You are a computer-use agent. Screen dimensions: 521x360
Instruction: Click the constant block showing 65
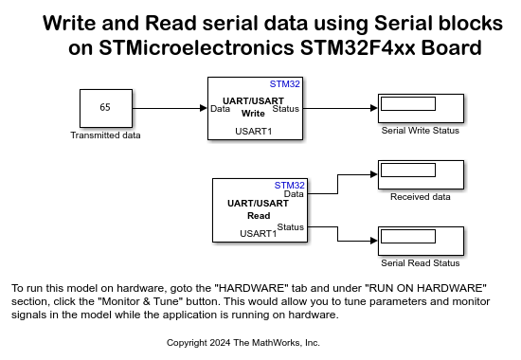click(x=106, y=108)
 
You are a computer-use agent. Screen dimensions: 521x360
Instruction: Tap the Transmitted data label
click(x=105, y=135)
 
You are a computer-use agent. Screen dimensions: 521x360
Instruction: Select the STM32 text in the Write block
click(x=285, y=84)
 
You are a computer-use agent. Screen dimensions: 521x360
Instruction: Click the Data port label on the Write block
click(x=221, y=109)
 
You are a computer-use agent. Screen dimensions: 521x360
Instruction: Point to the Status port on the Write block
click(x=286, y=109)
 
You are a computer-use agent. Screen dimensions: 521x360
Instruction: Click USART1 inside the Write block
click(x=254, y=132)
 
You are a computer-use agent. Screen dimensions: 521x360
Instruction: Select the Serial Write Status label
click(x=421, y=131)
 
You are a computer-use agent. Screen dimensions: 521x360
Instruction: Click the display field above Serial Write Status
click(x=408, y=103)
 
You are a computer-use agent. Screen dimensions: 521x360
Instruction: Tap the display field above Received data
click(x=408, y=171)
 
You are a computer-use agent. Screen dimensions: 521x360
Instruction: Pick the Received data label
click(x=421, y=197)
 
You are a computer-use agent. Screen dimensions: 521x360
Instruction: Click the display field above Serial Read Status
click(x=408, y=236)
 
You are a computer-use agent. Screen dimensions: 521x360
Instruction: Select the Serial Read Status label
click(x=421, y=263)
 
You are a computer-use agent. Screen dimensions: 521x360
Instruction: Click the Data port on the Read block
click(x=294, y=194)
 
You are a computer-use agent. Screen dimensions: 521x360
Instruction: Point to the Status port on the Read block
click(x=291, y=227)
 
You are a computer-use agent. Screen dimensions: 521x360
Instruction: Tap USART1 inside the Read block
click(x=259, y=234)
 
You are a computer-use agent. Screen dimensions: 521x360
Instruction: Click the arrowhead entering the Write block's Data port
click(x=204, y=108)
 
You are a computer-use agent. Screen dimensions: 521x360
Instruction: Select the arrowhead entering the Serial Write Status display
click(x=374, y=108)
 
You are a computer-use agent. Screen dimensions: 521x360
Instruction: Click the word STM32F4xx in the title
click(x=357, y=47)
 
